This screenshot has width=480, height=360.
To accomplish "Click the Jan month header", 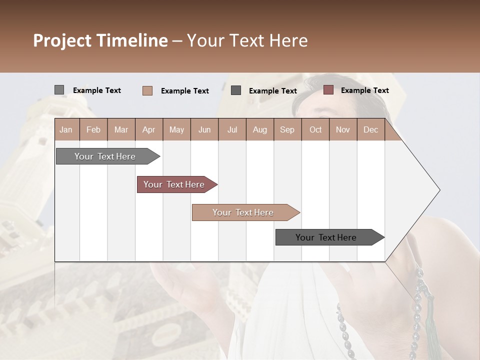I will tap(66, 130).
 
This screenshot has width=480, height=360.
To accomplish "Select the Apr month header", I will tap(148, 130).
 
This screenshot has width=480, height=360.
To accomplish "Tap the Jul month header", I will tap(232, 130).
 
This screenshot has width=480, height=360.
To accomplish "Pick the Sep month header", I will tap(287, 130).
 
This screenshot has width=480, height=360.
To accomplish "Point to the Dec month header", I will tap(370, 130).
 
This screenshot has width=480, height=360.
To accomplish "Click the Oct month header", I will tap(315, 130).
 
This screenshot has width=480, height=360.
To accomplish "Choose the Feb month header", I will tap(93, 130).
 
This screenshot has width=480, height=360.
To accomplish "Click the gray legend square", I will tap(59, 90).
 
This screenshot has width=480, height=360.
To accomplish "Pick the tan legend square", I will tap(147, 90).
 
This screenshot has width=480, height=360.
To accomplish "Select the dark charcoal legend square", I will tap(236, 90).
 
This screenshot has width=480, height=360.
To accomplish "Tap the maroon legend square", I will tap(328, 90).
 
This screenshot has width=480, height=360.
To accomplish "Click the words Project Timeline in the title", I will tap(100, 40).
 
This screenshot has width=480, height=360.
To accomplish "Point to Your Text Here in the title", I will tap(247, 40).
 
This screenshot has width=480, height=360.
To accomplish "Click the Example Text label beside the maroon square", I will tap(364, 90).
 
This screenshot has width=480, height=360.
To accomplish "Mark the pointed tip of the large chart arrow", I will tap(438, 190).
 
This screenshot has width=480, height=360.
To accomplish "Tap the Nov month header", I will tap(342, 130).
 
